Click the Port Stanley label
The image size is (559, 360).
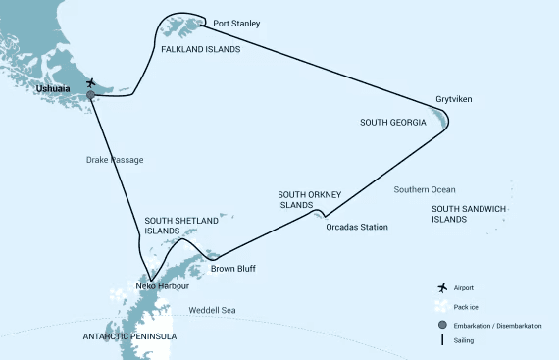236,24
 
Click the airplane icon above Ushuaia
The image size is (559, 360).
91,82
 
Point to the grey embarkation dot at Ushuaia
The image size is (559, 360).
91,95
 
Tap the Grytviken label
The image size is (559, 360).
454,100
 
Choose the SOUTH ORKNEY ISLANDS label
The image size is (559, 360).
309,200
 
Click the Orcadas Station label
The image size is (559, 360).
357,227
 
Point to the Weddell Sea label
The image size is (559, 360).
213,312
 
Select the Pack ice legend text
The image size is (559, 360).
478,305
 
